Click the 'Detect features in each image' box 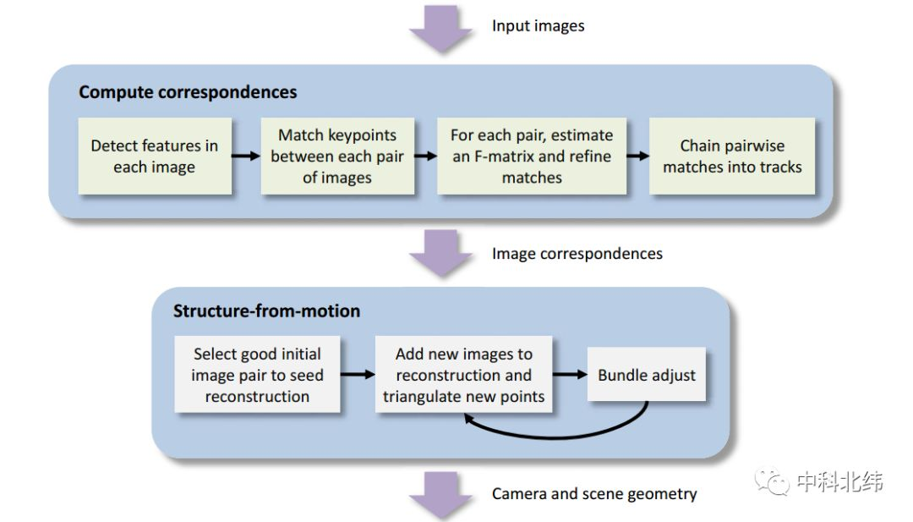[x=154, y=156]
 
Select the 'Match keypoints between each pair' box [x=337, y=156]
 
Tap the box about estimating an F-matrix [x=531, y=156]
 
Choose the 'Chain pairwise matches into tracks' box [x=732, y=156]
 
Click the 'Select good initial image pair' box [x=257, y=375]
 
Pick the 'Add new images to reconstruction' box [x=464, y=375]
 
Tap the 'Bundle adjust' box [x=647, y=375]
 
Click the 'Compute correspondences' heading [x=188, y=92]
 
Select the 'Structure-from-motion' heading [x=266, y=310]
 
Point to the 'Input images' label [x=538, y=25]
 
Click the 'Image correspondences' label [x=577, y=253]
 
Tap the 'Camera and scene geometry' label [x=594, y=493]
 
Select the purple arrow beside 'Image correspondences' [x=440, y=252]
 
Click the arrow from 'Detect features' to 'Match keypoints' [x=245, y=157]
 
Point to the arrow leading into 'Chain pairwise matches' [x=637, y=157]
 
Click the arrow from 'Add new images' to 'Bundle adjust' [x=571, y=375]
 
